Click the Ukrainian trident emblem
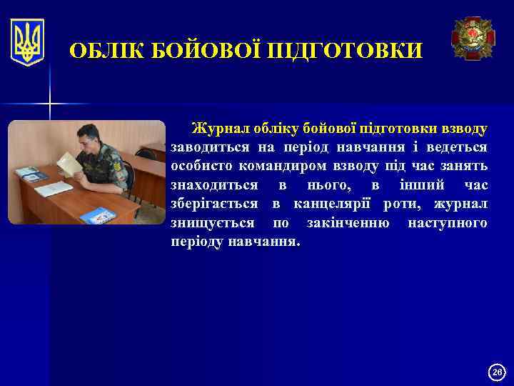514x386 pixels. point(28,42)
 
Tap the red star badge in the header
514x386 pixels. point(473,39)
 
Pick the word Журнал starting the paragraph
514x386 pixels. point(218,129)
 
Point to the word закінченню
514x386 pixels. point(348,223)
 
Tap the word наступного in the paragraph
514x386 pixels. point(448,223)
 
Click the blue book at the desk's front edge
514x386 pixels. point(97,214)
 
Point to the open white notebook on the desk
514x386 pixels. point(54,189)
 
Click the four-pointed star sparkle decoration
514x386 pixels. point(50,104)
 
